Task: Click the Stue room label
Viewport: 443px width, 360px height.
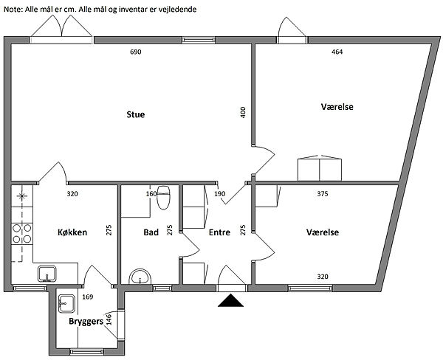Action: pyautogui.click(x=135, y=114)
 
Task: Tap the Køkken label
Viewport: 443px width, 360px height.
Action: pyautogui.click(x=72, y=232)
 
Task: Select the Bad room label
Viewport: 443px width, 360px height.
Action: pyautogui.click(x=151, y=232)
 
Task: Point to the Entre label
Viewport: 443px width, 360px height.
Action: pyautogui.click(x=220, y=232)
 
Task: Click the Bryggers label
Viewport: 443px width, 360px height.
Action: pyautogui.click(x=86, y=322)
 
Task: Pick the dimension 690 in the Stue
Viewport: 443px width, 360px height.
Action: pyautogui.click(x=135, y=52)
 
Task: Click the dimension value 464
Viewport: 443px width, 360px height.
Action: pyautogui.click(x=337, y=52)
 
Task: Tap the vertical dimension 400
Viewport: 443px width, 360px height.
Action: pyautogui.click(x=243, y=113)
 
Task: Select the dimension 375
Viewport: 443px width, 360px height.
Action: pyautogui.click(x=322, y=194)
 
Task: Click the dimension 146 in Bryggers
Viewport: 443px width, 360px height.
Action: pyautogui.click(x=109, y=319)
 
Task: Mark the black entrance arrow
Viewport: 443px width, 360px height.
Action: pyautogui.click(x=233, y=300)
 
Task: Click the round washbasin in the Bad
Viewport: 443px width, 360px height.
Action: pyautogui.click(x=140, y=277)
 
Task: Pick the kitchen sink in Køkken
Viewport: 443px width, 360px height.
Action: pyautogui.click(x=48, y=274)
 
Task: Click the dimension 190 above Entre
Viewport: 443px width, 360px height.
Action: pyautogui.click(x=219, y=194)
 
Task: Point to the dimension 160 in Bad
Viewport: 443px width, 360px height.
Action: pyautogui.click(x=151, y=194)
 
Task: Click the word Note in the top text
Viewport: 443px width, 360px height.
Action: pyautogui.click(x=13, y=9)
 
